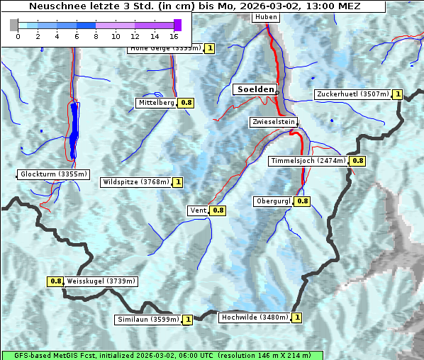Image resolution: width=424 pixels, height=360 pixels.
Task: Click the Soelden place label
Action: coord(255,89)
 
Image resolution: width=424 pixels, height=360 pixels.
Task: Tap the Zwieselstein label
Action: coord(273,122)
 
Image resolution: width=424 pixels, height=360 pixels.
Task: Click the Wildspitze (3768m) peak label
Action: coord(136,182)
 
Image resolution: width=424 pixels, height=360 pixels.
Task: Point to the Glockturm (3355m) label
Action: coord(54,174)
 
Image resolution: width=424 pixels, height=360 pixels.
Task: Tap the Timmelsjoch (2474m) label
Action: coord(308,161)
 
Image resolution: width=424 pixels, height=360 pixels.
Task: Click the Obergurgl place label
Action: coord(273,201)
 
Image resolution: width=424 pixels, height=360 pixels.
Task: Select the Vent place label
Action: coord(198,210)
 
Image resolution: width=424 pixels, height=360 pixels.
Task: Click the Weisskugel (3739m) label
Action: coord(101,281)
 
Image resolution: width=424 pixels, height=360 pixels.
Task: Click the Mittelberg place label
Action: coord(156,103)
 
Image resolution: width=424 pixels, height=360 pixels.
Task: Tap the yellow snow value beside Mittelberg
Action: coord(186,103)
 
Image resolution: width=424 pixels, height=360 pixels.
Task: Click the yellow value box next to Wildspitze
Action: coord(177,182)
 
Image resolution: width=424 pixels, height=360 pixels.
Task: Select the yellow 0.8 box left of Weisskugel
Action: coord(56,281)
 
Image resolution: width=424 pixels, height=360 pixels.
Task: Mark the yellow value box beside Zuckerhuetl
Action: coord(398,94)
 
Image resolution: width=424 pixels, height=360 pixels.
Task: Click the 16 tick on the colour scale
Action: coord(174,35)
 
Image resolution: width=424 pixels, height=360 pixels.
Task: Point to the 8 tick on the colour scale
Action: coord(96,35)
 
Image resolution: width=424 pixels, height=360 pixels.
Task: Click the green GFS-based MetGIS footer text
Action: coord(162,355)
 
